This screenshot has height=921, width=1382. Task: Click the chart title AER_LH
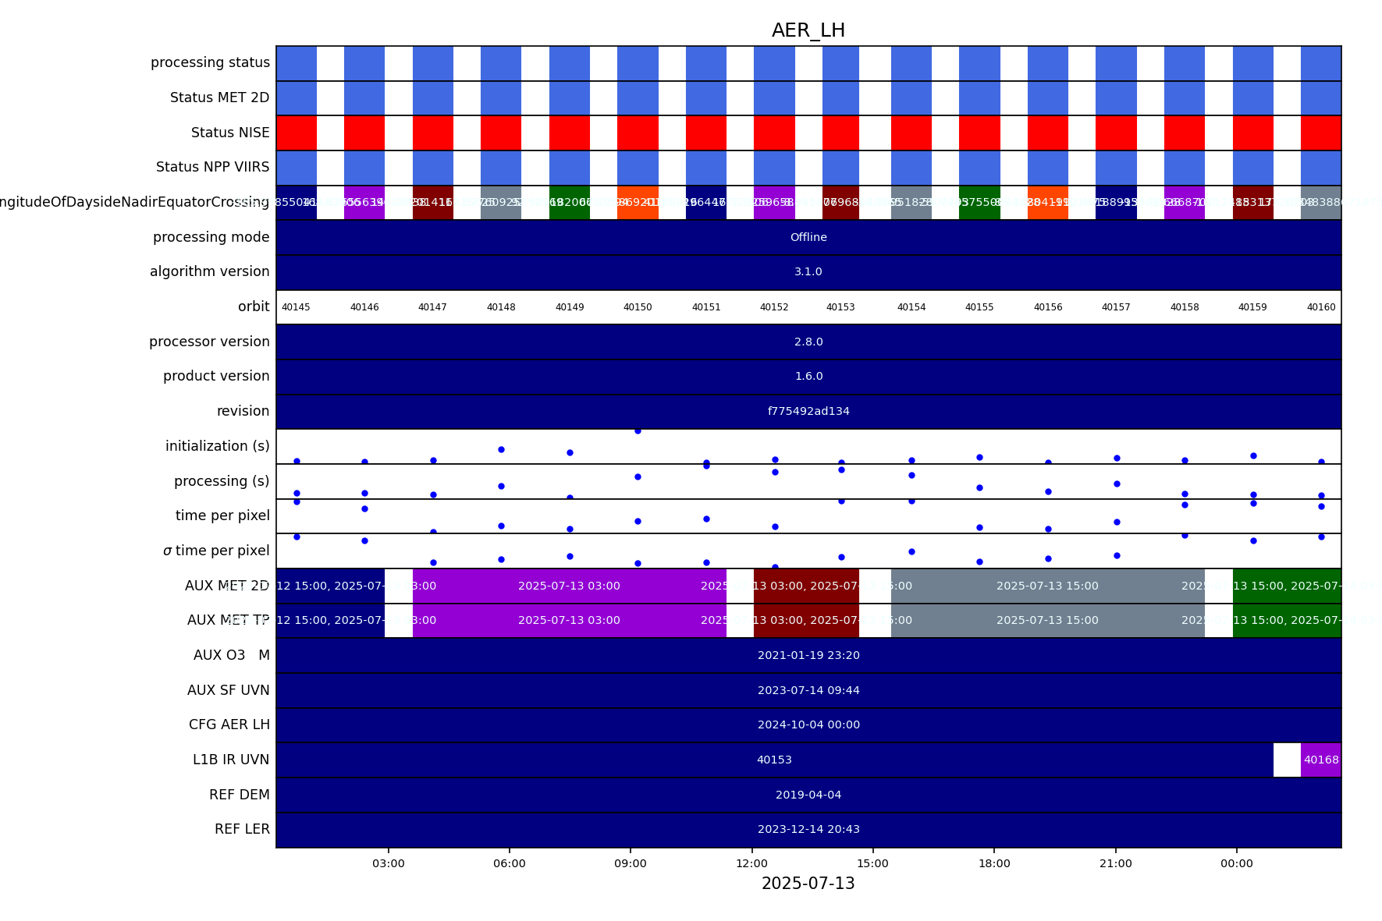pyautogui.click(x=808, y=30)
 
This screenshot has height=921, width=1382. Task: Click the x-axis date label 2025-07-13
pyautogui.click(x=808, y=884)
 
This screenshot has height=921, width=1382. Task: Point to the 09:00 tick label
pyautogui.click(x=631, y=863)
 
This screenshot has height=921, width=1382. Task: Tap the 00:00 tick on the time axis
pyautogui.click(x=1236, y=863)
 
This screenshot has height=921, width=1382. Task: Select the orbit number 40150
pyautogui.click(x=638, y=307)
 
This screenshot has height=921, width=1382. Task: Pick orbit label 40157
pyautogui.click(x=1116, y=307)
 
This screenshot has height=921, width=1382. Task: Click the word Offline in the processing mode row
pyautogui.click(x=808, y=237)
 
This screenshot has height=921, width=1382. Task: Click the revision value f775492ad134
pyautogui.click(x=808, y=411)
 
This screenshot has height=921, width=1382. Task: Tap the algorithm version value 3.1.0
pyautogui.click(x=808, y=271)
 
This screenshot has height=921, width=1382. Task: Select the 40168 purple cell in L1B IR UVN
pyautogui.click(x=1321, y=760)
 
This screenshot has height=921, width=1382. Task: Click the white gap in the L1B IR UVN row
pyautogui.click(x=1287, y=760)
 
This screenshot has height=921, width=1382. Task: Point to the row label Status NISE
pyautogui.click(x=230, y=133)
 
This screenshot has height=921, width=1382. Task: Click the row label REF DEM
pyautogui.click(x=239, y=795)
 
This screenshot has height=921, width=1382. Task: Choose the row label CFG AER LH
pyautogui.click(x=229, y=724)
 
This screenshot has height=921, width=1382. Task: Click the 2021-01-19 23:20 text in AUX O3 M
pyautogui.click(x=808, y=655)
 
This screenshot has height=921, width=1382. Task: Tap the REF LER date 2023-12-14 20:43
pyautogui.click(x=808, y=829)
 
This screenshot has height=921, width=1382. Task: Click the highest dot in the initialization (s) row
pyautogui.click(x=638, y=430)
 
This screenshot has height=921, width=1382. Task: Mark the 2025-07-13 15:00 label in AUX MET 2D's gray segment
pyautogui.click(x=1047, y=586)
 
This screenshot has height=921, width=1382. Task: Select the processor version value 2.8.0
pyautogui.click(x=808, y=342)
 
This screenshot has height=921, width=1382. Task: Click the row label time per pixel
pyautogui.click(x=222, y=515)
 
